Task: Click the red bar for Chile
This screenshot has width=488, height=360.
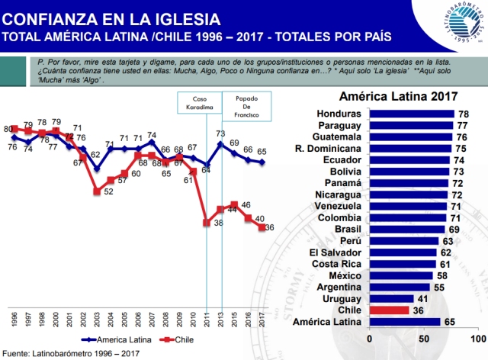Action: pos(389,310)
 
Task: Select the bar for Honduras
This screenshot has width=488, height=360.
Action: pos(412,113)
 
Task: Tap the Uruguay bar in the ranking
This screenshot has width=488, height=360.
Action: pos(391,298)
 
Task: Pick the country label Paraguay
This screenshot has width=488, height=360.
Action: pos(330,125)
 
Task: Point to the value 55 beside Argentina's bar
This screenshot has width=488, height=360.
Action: pos(438,286)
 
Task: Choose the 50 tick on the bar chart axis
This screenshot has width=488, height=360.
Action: pos(423,337)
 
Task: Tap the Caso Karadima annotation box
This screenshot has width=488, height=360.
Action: pos(199,102)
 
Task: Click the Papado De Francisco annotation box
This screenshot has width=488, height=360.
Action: pos(243,102)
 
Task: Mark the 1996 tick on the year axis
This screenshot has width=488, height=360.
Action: pos(14,317)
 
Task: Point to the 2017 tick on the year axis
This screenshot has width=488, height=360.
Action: pos(262,317)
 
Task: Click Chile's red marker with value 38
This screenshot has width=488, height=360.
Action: pos(207,223)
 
